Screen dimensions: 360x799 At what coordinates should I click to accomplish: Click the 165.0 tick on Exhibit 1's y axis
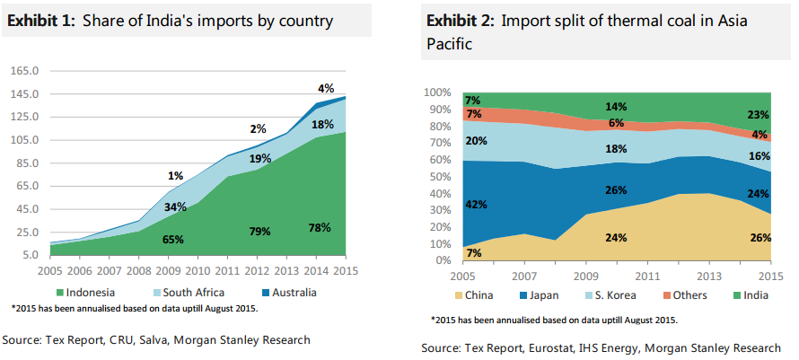(25, 70)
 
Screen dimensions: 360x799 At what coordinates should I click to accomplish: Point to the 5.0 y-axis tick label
(30, 255)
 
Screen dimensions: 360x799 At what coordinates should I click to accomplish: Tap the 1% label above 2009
(175, 175)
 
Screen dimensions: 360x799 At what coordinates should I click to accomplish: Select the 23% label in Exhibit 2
(758, 114)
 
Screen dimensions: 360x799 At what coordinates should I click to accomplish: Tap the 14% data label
(616, 107)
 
